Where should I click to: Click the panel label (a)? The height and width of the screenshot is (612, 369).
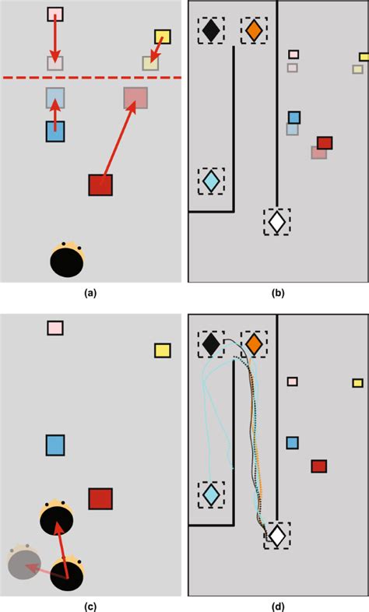(90, 293)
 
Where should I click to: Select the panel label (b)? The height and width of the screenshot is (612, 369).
(278, 293)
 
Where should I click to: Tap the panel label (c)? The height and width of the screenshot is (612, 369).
(90, 607)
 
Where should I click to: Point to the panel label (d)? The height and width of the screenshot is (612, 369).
(278, 607)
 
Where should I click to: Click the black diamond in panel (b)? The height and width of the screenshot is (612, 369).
(211, 30)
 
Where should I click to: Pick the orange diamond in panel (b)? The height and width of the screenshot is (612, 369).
(254, 30)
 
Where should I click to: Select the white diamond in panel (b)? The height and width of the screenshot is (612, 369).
(277, 222)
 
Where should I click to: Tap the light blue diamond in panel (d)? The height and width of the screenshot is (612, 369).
(211, 494)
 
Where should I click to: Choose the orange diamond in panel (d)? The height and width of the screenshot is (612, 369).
(254, 344)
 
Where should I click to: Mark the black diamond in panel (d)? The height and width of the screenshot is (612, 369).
(211, 344)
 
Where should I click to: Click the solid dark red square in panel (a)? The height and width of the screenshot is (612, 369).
(100, 185)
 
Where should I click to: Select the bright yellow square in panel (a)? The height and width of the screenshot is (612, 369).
(162, 37)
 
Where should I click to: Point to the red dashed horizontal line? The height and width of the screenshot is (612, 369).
(92, 78)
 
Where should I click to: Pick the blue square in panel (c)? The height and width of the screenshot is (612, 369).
(55, 445)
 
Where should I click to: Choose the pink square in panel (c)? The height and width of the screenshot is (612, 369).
(55, 328)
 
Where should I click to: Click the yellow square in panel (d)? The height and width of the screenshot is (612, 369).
(357, 383)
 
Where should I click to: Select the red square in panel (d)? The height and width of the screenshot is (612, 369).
(319, 466)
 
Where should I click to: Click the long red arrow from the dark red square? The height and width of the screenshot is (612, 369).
(118, 142)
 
